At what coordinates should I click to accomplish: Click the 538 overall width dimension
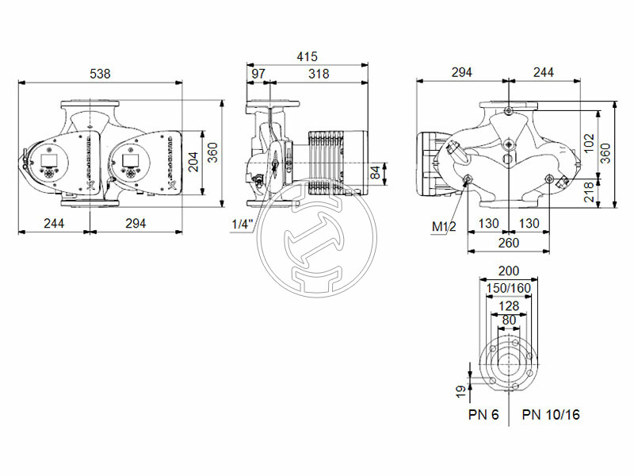click(x=100, y=73)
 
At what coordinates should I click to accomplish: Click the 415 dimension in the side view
click(x=307, y=56)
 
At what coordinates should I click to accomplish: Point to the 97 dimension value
click(x=258, y=73)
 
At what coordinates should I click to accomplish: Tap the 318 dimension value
click(x=319, y=73)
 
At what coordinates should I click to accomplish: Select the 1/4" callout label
click(x=242, y=225)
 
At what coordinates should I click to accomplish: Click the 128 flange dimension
click(x=508, y=305)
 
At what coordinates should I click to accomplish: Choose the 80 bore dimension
click(x=508, y=320)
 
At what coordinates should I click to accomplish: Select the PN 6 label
click(x=483, y=415)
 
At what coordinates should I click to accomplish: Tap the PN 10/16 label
click(x=550, y=415)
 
